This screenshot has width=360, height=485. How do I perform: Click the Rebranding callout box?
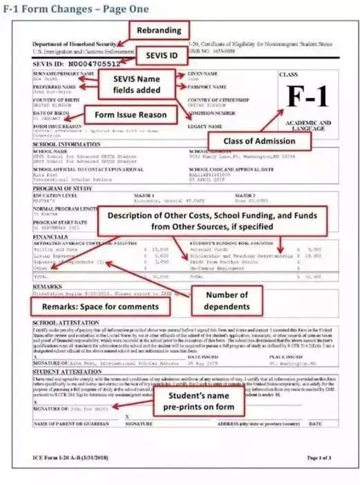(155, 30)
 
